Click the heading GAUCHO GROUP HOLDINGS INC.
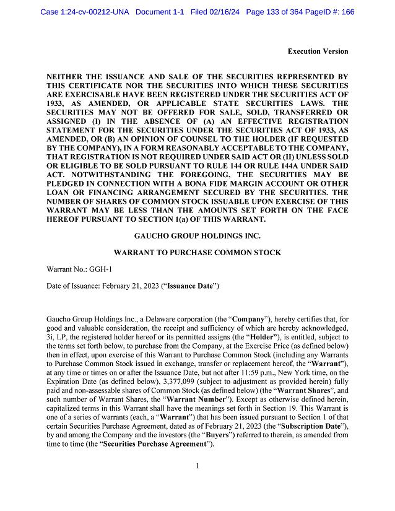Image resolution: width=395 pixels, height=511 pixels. tap(197, 236)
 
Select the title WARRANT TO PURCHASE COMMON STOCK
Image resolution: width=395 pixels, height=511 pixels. tap(197, 253)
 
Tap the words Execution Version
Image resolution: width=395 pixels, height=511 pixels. tap(318, 51)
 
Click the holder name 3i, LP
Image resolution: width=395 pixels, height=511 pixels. tap(58, 328)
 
